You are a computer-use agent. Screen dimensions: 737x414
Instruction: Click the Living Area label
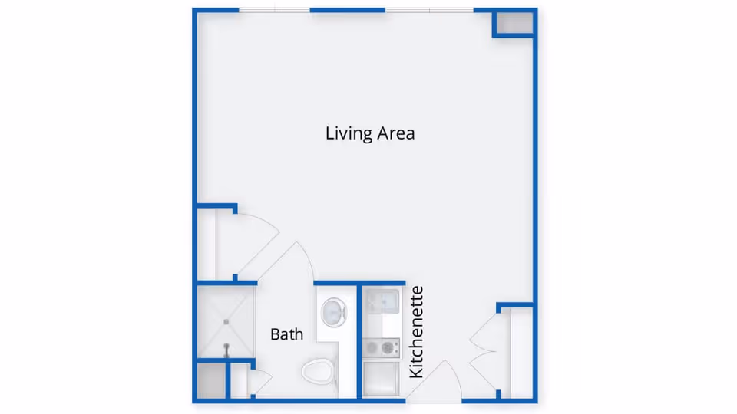[x=370, y=133]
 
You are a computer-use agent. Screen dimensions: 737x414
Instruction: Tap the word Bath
[x=286, y=334]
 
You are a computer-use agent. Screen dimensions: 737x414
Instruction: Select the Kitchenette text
[x=416, y=332]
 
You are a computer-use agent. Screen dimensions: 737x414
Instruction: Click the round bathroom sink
[x=334, y=312]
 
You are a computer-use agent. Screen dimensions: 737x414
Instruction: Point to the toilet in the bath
[x=319, y=371]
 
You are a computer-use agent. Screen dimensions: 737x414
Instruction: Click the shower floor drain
[x=226, y=321]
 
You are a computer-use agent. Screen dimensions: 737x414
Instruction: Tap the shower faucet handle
[x=226, y=350]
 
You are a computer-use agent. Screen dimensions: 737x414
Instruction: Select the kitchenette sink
[x=383, y=301]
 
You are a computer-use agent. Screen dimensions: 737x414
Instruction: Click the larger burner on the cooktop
[x=388, y=348]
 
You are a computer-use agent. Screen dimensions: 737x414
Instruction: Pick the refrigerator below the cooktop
[x=382, y=378]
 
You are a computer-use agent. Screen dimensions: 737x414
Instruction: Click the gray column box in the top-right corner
[x=514, y=22]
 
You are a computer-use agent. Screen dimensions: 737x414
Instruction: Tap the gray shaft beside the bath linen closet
[x=211, y=381]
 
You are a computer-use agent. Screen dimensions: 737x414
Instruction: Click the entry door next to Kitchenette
[x=435, y=380]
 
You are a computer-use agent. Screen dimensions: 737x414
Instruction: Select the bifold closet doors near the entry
[x=483, y=350]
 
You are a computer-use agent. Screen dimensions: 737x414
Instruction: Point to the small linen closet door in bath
[x=260, y=381]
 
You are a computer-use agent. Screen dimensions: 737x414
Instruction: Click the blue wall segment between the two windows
[x=347, y=10]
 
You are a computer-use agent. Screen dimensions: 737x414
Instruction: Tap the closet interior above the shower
[x=206, y=244]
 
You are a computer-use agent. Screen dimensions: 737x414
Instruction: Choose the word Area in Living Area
[x=396, y=133]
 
